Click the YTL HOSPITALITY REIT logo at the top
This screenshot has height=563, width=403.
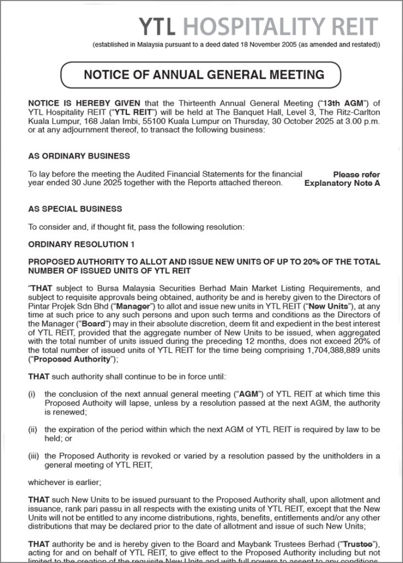(x=258, y=26)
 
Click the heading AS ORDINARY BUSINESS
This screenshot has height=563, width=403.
(x=79, y=156)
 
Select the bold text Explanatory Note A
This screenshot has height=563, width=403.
(x=342, y=183)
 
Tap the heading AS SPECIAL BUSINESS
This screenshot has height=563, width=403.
(x=75, y=209)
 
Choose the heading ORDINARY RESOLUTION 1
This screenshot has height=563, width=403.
(x=81, y=244)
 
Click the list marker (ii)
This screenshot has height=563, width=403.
(x=32, y=429)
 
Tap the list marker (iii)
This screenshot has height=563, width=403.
(x=32, y=456)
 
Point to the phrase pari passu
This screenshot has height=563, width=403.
(x=107, y=509)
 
